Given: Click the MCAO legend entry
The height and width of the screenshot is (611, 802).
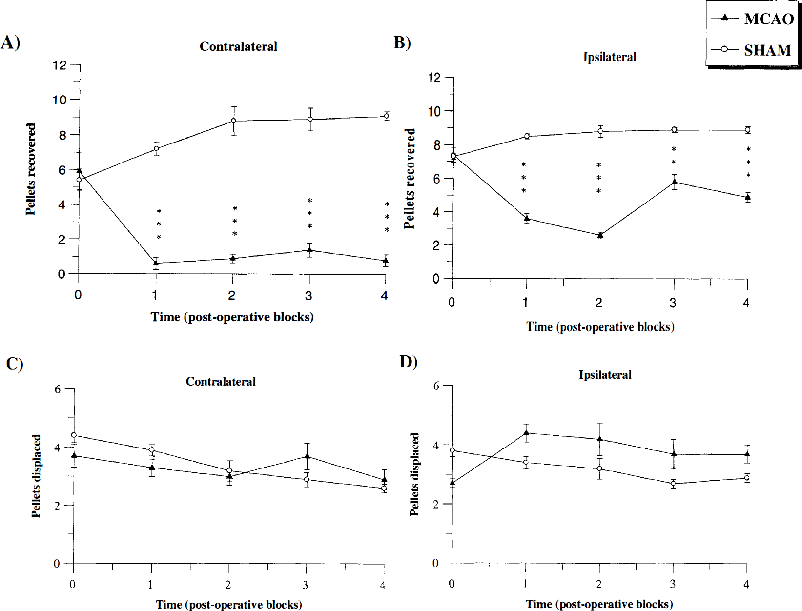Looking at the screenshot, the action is click(x=753, y=18).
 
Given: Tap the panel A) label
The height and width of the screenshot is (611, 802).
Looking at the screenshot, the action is click(x=10, y=43).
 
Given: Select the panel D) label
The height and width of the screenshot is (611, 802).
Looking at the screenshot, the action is click(x=409, y=362).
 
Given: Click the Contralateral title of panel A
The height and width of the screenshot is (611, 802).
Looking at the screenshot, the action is click(x=238, y=46).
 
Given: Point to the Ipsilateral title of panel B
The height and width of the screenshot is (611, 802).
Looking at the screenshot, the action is click(x=610, y=57).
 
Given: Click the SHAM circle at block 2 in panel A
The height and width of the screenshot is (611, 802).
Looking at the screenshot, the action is click(x=233, y=121).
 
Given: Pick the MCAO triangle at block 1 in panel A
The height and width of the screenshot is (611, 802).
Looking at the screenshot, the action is click(x=156, y=263).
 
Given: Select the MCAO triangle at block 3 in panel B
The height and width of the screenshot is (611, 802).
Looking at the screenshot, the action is click(x=674, y=182).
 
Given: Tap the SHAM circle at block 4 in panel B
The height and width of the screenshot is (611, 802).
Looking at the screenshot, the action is click(x=747, y=130).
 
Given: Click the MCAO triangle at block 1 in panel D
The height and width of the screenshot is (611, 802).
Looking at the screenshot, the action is click(x=526, y=433).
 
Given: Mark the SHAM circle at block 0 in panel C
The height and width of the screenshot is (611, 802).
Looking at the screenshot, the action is click(x=74, y=435).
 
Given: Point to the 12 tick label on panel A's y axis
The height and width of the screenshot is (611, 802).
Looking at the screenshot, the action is click(x=60, y=65).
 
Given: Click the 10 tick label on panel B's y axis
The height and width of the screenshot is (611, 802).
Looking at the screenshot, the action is click(x=434, y=111).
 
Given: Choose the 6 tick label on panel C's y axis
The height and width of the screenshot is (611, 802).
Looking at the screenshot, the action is click(x=58, y=389).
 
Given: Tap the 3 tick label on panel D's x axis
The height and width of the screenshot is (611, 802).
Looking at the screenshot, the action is click(x=673, y=584).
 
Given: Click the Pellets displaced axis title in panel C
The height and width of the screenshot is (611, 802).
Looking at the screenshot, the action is click(x=36, y=476).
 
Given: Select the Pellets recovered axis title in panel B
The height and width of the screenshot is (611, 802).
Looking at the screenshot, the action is click(x=410, y=179).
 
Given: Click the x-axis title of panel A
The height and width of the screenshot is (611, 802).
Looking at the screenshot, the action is click(x=232, y=317).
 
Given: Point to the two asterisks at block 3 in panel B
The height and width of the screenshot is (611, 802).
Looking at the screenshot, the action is click(x=674, y=156).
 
